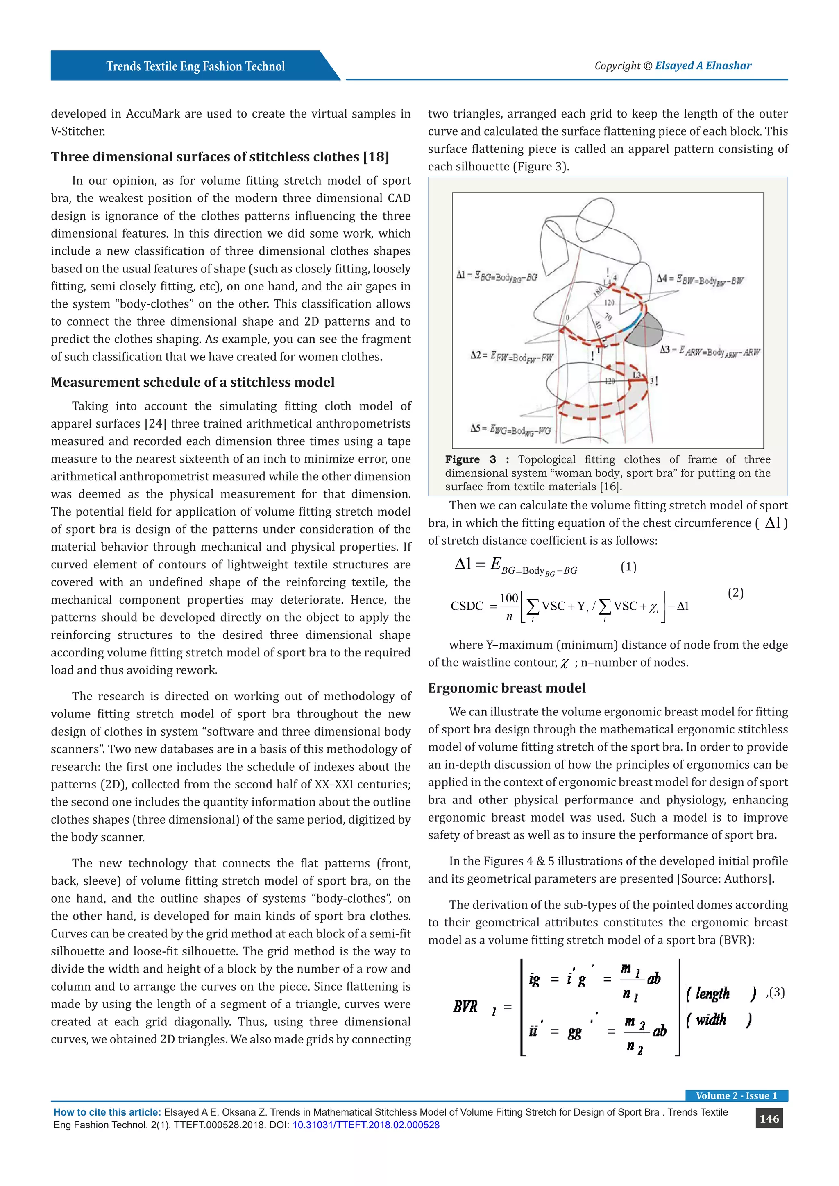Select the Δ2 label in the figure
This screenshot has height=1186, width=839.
pos(511,356)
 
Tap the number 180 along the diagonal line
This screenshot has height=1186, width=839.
pos(598,291)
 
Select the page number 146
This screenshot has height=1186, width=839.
pos(769,1118)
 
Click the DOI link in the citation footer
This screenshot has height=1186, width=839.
pos(366,1125)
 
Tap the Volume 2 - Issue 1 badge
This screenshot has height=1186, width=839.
pos(736,1095)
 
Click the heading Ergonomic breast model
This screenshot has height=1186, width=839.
pos(506,688)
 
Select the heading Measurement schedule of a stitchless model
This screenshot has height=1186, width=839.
pos(192,382)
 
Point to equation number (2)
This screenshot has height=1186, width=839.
pos(735,593)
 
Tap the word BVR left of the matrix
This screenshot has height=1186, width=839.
pos(465,1006)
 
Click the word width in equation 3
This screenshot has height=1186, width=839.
pos(711,1019)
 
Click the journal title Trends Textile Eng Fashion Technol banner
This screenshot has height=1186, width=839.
pos(195,66)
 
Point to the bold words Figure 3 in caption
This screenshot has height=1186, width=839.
pos(470,459)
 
